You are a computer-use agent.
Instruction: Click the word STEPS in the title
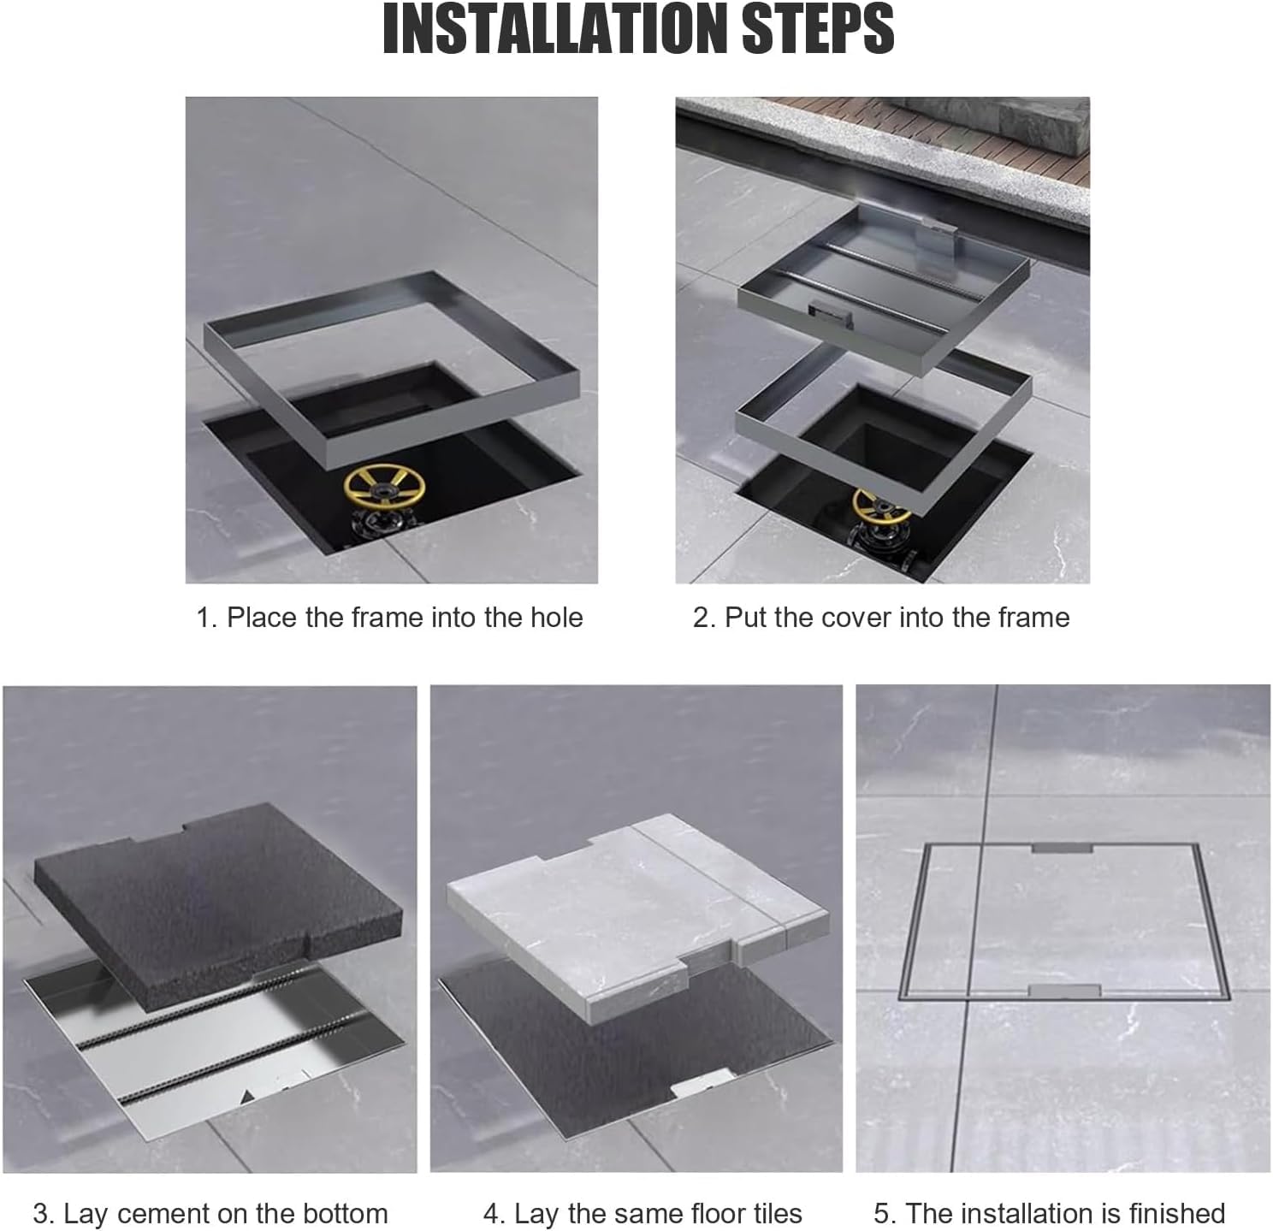pos(819,30)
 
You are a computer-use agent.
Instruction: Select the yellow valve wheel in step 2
pos(882,508)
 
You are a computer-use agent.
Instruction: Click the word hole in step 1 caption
pos(556,618)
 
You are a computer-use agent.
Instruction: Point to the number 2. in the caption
pos(705,618)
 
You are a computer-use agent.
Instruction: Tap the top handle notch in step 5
pos(1062,849)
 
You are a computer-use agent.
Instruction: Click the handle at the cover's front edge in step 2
pos(831,313)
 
